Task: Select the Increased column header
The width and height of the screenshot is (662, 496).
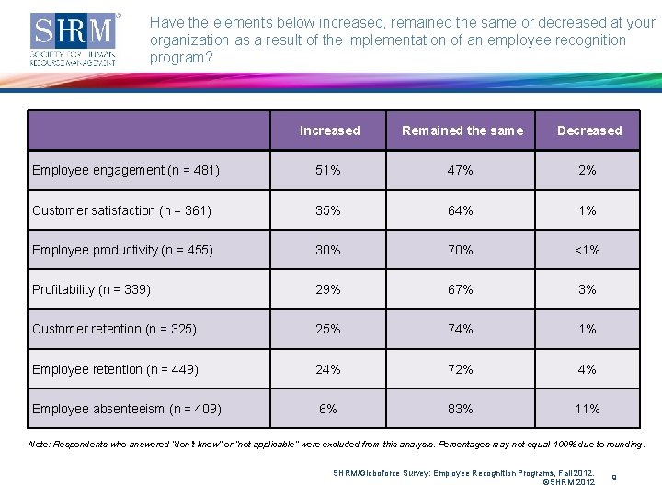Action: [x=329, y=130]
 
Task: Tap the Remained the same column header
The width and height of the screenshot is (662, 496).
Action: [x=462, y=130]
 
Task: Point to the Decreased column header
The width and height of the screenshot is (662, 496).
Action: [x=588, y=130]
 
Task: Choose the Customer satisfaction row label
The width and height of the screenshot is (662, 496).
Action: [x=121, y=210]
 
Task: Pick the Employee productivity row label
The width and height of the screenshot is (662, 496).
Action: [x=122, y=250]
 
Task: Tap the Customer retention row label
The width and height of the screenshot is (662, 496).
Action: [x=114, y=329]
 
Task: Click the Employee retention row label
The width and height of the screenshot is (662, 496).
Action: [x=115, y=369]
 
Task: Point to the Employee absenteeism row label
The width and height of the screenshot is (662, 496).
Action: [x=127, y=409]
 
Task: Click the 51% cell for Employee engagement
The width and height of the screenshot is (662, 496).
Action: [x=328, y=170]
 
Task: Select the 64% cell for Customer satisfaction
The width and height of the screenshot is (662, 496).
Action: [x=461, y=210]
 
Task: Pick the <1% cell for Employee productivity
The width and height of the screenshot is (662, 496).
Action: [x=588, y=250]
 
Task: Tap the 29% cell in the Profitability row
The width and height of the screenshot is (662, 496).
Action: [x=328, y=289]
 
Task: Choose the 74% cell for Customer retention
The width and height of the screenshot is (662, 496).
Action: [x=461, y=329]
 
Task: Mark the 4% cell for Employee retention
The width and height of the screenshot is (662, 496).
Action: [x=588, y=369]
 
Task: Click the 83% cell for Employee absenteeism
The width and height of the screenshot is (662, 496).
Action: [x=461, y=409]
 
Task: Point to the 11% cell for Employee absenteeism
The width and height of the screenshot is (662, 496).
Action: [x=588, y=409]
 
